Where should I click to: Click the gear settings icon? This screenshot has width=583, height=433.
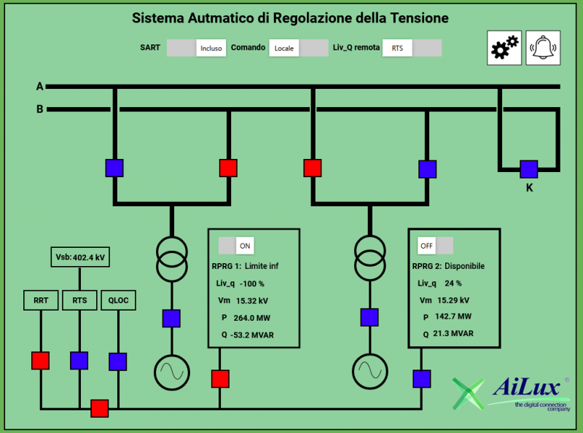coord(504,48)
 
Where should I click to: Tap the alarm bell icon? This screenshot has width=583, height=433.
coord(543,48)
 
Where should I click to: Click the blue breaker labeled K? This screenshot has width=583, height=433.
coord(528,168)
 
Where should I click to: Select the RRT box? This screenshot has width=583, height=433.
coord(41,300)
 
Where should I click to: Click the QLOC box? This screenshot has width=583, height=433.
coord(118,300)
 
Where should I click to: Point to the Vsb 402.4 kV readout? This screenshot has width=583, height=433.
coord(79,257)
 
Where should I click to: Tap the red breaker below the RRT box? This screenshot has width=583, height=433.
coord(41,360)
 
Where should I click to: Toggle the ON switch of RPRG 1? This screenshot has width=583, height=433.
coord(235,246)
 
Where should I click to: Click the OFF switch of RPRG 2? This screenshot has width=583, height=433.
coord(435,246)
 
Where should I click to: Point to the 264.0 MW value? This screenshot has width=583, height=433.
coord(251,317)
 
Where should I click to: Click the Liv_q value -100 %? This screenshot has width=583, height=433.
coord(251,284)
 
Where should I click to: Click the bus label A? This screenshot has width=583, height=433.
coord(40,87)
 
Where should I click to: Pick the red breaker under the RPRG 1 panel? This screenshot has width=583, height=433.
coord(220,378)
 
